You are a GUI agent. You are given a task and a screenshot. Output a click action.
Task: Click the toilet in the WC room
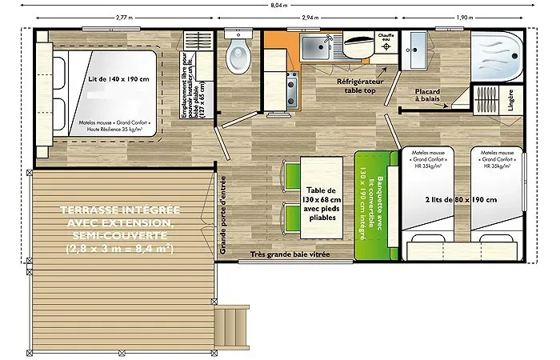point(238,55)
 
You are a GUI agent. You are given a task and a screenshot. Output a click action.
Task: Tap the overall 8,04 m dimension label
point(280,6)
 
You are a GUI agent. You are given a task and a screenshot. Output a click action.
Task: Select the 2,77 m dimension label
point(124,17)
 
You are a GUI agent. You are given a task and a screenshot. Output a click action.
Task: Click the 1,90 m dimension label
point(464,17)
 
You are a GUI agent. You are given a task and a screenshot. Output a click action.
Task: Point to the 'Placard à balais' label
point(428,96)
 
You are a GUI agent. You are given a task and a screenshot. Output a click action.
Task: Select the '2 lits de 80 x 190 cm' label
point(464,199)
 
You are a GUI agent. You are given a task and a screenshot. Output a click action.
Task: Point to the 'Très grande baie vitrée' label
point(289,255)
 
